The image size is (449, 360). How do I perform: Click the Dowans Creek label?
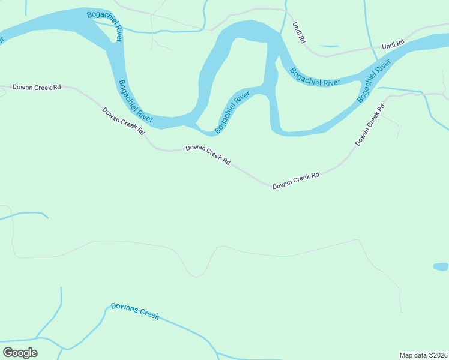pyautogui.click(x=135, y=311)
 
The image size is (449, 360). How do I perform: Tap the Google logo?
pyautogui.click(x=20, y=353)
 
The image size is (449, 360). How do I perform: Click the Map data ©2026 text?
pyautogui.click(x=423, y=355)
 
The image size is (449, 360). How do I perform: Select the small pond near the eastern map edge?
pyautogui.click(x=441, y=266)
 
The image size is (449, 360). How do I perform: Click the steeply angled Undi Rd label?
pyautogui.click(x=298, y=32)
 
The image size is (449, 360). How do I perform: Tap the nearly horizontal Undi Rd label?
pyautogui.click(x=393, y=46)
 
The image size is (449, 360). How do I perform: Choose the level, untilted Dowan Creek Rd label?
pyautogui.click(x=37, y=87)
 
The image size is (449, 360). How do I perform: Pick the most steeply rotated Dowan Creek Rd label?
pyautogui.click(x=369, y=125)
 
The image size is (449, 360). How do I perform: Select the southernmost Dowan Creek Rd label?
pyautogui.click(x=295, y=180)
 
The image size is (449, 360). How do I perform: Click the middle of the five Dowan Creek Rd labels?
pyautogui.click(x=208, y=154)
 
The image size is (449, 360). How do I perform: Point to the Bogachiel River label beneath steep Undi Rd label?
pyautogui.click(x=315, y=77)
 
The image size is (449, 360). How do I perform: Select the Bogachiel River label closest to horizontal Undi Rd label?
pyautogui.click(x=374, y=80)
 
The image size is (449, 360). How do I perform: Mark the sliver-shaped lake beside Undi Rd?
pyautogui.click(x=329, y=46)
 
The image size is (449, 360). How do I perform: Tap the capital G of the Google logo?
pyautogui.click(x=8, y=353)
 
